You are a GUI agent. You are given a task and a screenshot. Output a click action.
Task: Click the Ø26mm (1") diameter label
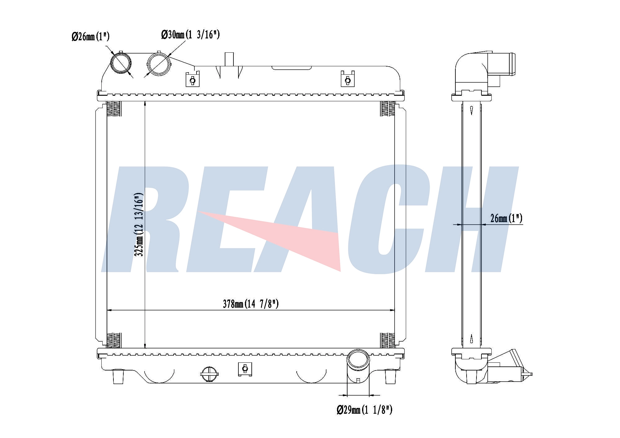click(91, 37)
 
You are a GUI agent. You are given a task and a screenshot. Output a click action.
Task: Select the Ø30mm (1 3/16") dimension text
click(190, 34)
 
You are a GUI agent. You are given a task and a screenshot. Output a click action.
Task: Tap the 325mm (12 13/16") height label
click(139, 225)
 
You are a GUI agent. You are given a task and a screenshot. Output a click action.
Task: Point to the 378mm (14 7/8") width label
click(251, 304)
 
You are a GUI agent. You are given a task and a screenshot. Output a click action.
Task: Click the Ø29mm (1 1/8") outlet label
click(365, 410)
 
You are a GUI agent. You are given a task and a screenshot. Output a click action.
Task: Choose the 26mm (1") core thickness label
click(506, 218)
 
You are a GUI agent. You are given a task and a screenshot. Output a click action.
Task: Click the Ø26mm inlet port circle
click(121, 63)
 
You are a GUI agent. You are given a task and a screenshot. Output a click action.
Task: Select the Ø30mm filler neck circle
click(159, 63)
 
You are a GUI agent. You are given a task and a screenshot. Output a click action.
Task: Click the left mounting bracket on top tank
click(192, 79)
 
